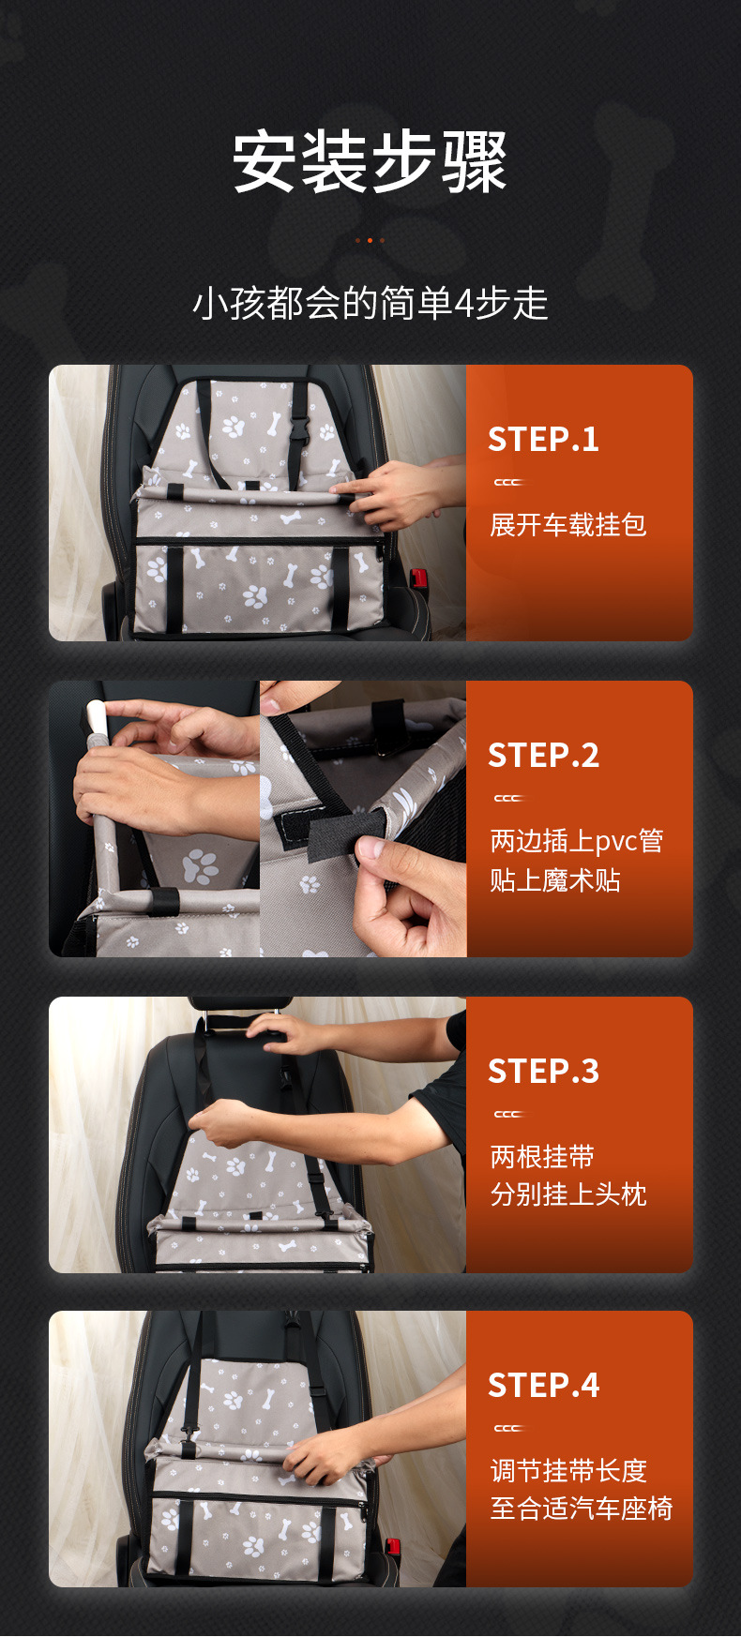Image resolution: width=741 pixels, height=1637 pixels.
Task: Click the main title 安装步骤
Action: pyautogui.click(x=370, y=162)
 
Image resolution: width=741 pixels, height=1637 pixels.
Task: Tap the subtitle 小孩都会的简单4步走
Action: pyautogui.click(x=370, y=304)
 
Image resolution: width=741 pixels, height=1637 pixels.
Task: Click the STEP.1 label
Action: pyautogui.click(x=543, y=440)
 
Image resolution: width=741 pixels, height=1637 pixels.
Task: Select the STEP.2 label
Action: pyautogui.click(x=543, y=756)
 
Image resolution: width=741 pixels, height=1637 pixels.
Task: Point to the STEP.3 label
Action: pyautogui.click(x=543, y=1072)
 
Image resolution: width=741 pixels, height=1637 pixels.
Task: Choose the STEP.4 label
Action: pyautogui.click(x=543, y=1386)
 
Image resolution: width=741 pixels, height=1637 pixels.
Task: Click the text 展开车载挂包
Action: pyautogui.click(x=568, y=525)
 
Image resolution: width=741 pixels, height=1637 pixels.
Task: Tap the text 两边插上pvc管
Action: pyautogui.click(x=577, y=841)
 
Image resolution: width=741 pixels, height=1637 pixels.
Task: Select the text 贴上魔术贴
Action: pyautogui.click(x=555, y=880)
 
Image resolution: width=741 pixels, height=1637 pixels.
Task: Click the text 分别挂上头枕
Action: pyautogui.click(x=568, y=1194)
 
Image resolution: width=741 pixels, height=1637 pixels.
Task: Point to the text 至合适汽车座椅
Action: pyautogui.click(x=582, y=1509)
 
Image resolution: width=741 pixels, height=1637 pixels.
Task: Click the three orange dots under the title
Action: pyautogui.click(x=370, y=241)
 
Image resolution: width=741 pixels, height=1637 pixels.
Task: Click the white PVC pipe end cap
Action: pyautogui.click(x=95, y=718)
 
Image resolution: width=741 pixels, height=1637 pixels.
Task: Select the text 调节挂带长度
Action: pyautogui.click(x=568, y=1470)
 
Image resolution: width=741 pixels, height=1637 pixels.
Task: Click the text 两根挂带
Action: pyautogui.click(x=542, y=1157)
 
